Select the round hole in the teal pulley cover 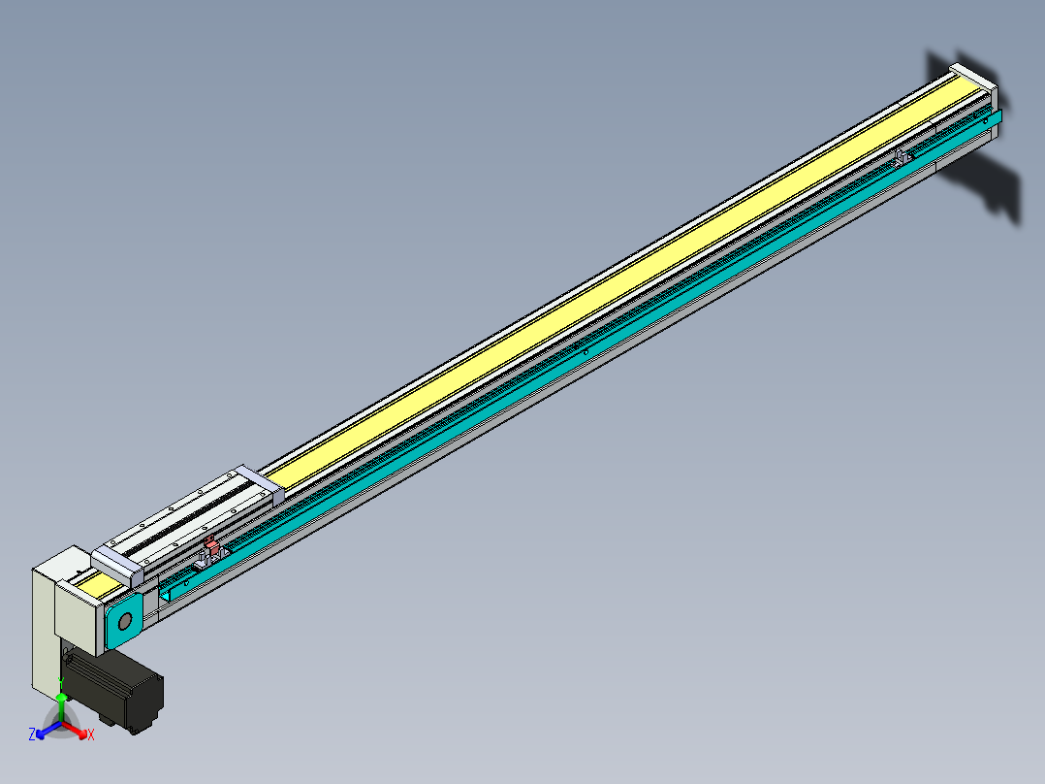click(124, 623)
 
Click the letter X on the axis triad click(91, 735)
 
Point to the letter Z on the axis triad click(32, 735)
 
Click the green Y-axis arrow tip click(61, 697)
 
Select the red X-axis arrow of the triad click(76, 728)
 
